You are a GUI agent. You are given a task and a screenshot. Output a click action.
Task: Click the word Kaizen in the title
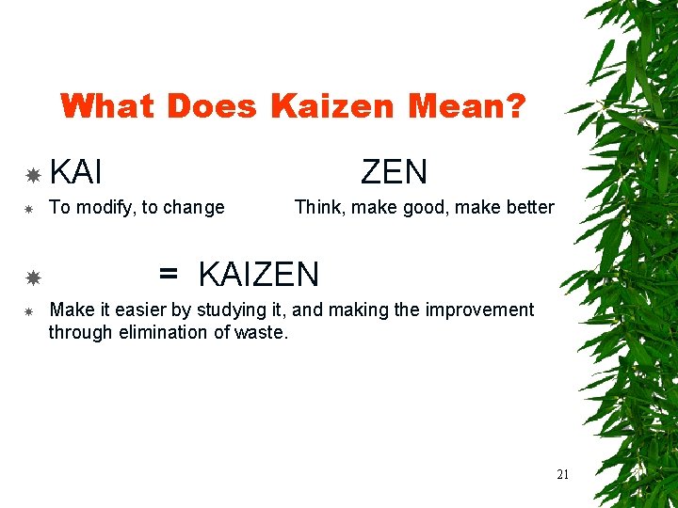tap(334, 106)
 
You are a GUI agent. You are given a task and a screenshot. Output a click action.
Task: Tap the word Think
tap(318, 207)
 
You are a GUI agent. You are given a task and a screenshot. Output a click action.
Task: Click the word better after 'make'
tap(529, 207)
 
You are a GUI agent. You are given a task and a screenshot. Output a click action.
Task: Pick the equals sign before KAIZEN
tap(169, 275)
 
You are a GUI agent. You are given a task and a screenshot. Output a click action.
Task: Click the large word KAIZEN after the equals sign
tap(259, 275)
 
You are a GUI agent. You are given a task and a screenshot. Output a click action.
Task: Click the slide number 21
tap(562, 474)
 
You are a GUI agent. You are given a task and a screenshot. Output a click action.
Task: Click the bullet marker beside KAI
tap(32, 175)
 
